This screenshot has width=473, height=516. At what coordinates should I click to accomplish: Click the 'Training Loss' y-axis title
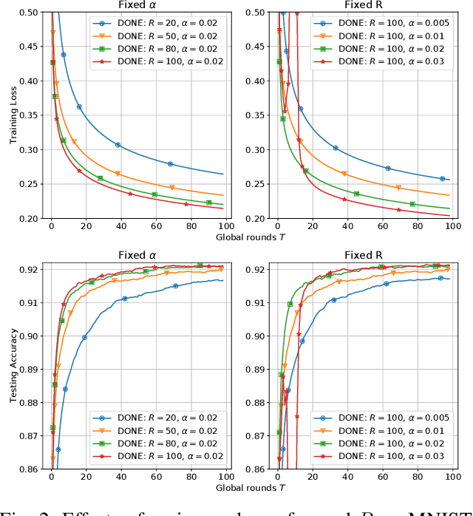click(13, 115)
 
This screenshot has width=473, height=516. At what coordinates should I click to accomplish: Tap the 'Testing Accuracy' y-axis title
click(13, 367)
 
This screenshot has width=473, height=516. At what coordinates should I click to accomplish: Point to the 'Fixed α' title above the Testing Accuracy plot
click(138, 256)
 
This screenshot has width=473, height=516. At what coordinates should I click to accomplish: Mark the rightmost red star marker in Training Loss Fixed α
click(188, 203)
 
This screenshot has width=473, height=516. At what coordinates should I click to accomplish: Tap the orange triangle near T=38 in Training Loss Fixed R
click(344, 174)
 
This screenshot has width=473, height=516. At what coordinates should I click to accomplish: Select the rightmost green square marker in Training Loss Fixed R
click(412, 204)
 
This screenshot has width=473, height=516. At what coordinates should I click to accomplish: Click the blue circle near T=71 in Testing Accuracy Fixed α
click(176, 286)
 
